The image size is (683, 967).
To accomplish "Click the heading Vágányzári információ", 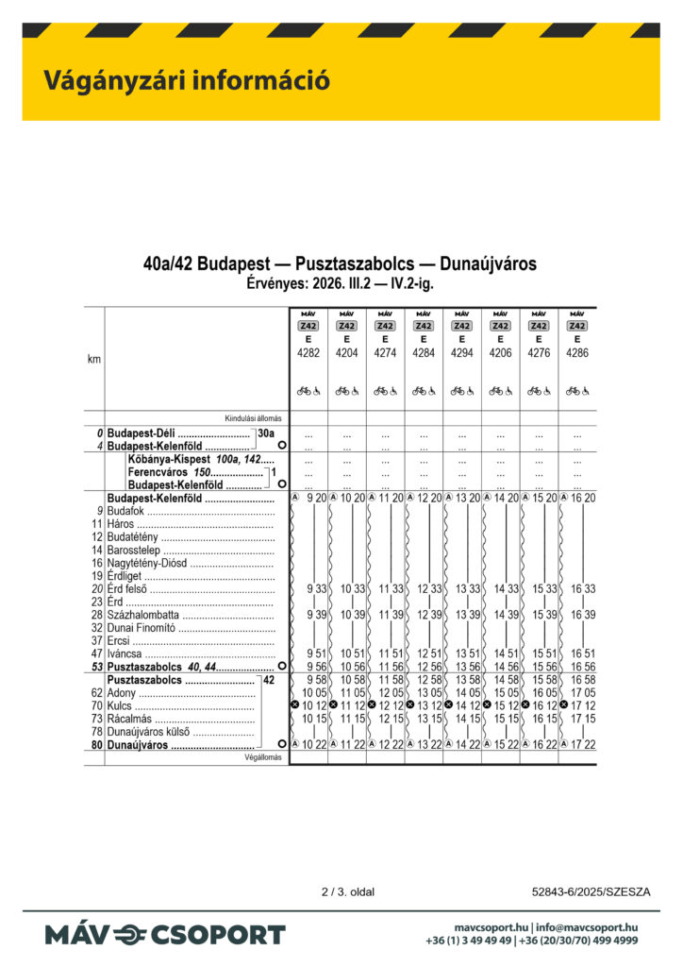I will [186, 81].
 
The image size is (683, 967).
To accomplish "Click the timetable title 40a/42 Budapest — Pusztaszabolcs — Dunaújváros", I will [341, 263].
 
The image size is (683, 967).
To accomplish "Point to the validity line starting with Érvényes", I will [341, 281].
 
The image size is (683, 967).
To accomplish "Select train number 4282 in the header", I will [308, 352].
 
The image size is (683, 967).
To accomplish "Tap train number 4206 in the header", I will [500, 352].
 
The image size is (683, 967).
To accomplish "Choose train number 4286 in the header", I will [577, 352].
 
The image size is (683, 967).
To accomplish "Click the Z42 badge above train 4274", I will [385, 326].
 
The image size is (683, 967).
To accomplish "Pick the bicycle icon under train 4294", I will [457, 390].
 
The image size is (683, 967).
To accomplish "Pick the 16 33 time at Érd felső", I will [583, 588].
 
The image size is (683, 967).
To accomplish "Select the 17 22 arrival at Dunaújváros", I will [583, 745].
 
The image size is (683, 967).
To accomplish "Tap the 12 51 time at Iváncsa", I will [429, 653].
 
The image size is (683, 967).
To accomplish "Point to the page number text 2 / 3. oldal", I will [349, 891].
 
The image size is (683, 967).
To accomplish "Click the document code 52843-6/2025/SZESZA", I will [591, 891].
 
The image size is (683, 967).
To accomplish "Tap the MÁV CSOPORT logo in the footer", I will [165, 935].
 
